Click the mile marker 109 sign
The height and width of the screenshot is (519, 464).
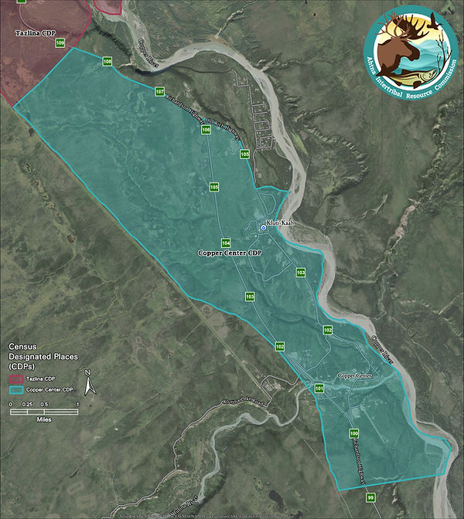click(x=60, y=42)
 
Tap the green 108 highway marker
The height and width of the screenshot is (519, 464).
click(x=107, y=61)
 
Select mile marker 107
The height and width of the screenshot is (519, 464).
click(x=160, y=92)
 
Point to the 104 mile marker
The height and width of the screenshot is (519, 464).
click(x=226, y=243)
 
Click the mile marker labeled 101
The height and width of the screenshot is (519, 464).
click(x=319, y=388)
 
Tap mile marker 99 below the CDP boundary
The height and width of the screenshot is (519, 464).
click(x=370, y=497)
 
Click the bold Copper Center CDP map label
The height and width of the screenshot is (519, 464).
click(x=230, y=253)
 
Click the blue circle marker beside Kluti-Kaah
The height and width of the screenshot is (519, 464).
click(x=263, y=227)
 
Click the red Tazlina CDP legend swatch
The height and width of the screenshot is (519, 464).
click(x=18, y=378)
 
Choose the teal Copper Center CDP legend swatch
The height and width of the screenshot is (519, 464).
click(x=18, y=389)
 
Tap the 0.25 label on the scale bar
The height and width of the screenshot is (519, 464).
click(x=26, y=404)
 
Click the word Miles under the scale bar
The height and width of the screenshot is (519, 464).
click(x=43, y=421)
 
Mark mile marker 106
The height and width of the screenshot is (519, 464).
click(x=206, y=131)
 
